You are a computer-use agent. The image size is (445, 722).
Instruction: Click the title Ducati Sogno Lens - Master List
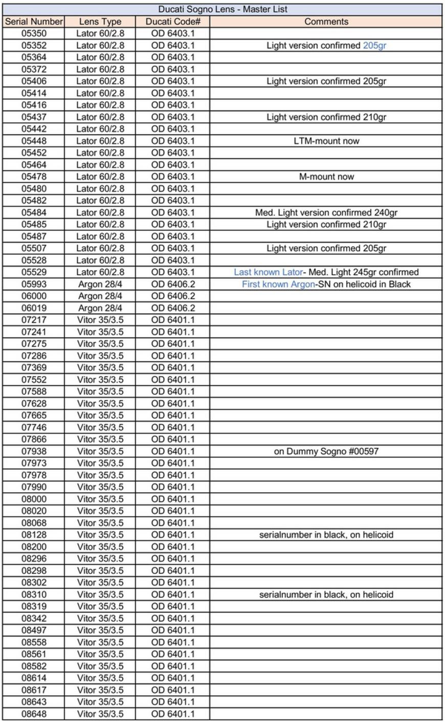(x=222, y=9)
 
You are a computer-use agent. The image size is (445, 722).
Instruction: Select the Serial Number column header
(x=34, y=21)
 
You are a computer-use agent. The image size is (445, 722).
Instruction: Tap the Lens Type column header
(x=100, y=21)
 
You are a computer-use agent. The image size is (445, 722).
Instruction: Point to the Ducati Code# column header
(x=173, y=21)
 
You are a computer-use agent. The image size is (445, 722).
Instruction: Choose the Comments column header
(x=326, y=21)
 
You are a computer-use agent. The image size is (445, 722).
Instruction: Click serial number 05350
(x=34, y=33)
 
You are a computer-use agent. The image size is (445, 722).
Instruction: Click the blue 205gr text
(x=374, y=46)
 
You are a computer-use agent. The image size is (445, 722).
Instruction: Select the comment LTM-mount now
(x=326, y=141)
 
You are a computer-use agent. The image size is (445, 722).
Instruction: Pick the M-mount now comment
(x=326, y=177)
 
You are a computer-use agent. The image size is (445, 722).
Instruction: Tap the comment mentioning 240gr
(x=326, y=212)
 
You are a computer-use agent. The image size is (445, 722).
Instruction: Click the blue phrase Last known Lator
(x=268, y=272)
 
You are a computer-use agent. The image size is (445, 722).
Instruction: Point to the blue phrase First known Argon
(x=278, y=284)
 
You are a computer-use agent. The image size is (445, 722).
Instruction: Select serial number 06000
(x=34, y=296)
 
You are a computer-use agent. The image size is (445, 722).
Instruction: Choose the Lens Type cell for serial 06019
(x=100, y=308)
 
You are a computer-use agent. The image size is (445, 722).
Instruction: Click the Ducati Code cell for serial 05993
(x=173, y=284)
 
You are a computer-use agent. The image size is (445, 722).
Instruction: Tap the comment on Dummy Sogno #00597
(x=326, y=451)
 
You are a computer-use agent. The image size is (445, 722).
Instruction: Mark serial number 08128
(x=34, y=535)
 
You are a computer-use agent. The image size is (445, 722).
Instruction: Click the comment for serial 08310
(x=326, y=595)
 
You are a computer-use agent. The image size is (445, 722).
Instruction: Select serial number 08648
(x=34, y=714)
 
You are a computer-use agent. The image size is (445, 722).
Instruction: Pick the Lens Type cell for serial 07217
(x=100, y=320)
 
